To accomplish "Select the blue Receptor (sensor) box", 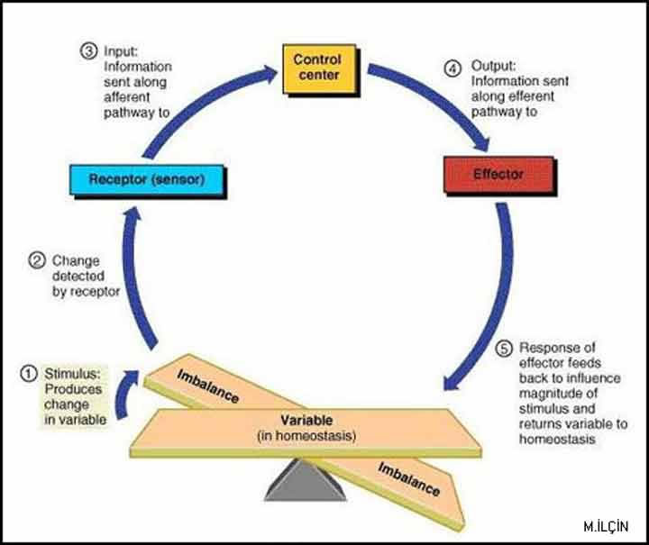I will [147, 179].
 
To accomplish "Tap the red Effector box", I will [498, 174].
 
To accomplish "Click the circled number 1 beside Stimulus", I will [30, 372].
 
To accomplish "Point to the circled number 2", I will [38, 262].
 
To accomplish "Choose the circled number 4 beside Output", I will [453, 67].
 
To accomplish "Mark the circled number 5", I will [504, 348].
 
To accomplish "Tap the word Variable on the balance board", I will [306, 421].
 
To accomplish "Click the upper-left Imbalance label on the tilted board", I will [207, 386].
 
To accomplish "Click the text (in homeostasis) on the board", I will [306, 437].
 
